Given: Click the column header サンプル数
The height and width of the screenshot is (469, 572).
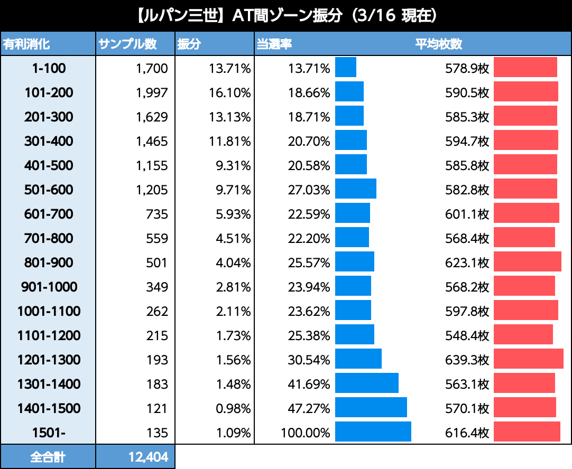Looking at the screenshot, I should point(127,44).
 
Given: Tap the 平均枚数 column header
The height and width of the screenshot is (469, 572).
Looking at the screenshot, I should point(439,44).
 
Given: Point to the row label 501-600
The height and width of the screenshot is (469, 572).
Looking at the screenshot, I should point(49,190).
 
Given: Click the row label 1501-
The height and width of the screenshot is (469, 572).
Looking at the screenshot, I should point(49,433).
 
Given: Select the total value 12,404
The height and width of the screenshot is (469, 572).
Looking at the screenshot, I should point(148,457).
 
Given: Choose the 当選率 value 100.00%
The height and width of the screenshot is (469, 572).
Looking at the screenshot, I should point(306,433).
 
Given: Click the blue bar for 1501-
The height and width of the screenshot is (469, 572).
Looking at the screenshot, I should point(373,432).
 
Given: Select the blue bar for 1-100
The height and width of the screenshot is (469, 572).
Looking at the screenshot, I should point(346,67).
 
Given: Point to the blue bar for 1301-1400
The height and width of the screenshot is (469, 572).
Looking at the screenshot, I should point(367,383).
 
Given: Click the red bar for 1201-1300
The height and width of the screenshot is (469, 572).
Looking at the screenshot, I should point(528,359).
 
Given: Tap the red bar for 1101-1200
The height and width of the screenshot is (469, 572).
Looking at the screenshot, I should point(523,334).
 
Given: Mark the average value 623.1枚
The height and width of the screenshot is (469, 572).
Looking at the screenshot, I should point(467,262).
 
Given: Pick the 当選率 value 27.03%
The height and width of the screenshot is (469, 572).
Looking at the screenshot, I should point(309,190).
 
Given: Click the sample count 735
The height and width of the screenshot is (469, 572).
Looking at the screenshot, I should point(158,214).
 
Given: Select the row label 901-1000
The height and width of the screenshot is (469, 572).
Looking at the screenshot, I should point(49,287).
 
